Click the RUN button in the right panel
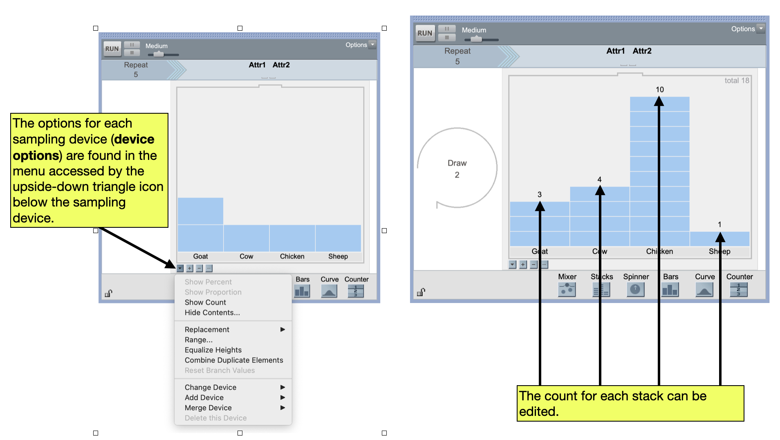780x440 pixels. coord(425,33)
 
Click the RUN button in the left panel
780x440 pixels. coord(112,49)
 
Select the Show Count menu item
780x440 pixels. coord(205,302)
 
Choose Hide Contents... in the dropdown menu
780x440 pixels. coord(212,312)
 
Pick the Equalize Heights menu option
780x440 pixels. coord(213,350)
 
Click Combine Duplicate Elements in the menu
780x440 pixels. coord(234,360)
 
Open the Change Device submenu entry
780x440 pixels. coord(211,387)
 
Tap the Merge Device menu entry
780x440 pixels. coord(208,408)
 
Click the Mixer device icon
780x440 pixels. coord(567,290)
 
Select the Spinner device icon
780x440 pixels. coord(635,290)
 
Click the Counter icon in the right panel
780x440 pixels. coord(739,290)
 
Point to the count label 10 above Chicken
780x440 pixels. coord(660,90)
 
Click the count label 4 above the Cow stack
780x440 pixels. coord(599,180)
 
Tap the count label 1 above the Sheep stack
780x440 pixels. coord(719,224)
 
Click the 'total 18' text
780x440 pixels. coord(737,81)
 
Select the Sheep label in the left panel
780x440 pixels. coord(338,256)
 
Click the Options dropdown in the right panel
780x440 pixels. coord(747,29)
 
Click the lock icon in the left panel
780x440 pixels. coord(108,293)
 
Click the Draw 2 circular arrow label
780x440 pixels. coord(457,168)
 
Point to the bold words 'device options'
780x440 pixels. coord(84,148)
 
